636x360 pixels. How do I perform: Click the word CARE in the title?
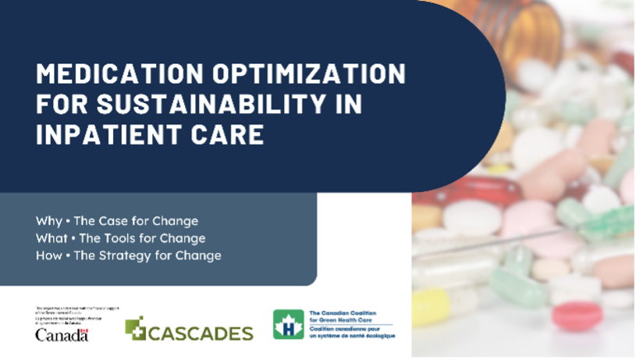(227, 134)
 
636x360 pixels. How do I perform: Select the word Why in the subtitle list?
(48, 220)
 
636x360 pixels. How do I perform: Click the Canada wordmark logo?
(62, 334)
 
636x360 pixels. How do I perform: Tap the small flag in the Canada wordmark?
(85, 330)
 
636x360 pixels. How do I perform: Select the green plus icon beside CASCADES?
(135, 328)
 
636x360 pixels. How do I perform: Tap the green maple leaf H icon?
(288, 324)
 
